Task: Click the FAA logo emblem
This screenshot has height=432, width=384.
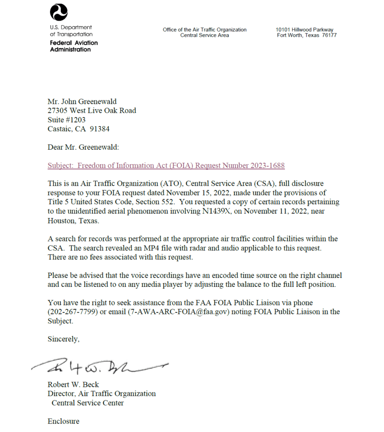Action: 59,12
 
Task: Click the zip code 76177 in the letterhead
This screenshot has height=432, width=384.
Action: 329,35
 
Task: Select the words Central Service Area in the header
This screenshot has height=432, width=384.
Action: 204,35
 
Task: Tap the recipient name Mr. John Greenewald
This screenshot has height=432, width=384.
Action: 82,101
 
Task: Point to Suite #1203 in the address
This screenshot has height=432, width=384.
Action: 67,120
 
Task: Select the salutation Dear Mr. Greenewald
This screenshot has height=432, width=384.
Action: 83,147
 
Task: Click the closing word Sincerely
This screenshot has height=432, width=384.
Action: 63,339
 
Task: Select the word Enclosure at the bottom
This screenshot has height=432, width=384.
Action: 63,421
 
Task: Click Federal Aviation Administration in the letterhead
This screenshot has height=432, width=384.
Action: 74,46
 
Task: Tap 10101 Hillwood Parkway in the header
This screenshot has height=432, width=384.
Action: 304,30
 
